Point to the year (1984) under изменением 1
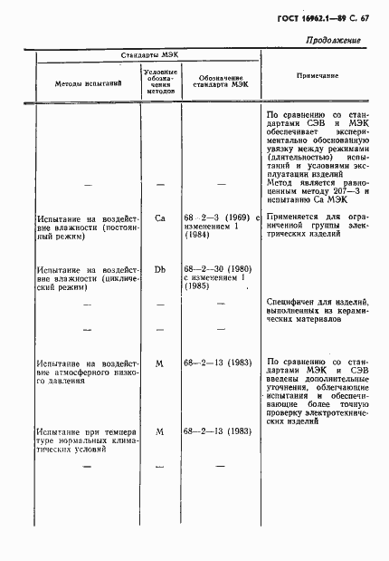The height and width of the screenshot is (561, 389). (x=197, y=237)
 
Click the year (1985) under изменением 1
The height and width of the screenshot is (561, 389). (x=198, y=287)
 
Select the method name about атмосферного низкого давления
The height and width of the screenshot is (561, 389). (x=88, y=372)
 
